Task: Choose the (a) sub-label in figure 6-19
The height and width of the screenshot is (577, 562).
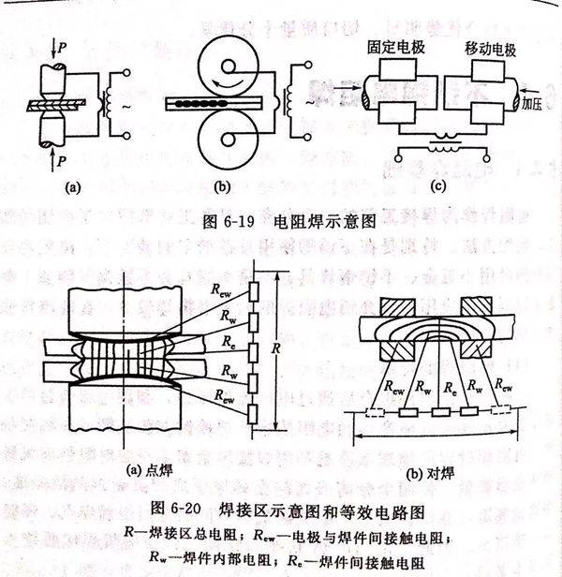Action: tap(70, 186)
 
